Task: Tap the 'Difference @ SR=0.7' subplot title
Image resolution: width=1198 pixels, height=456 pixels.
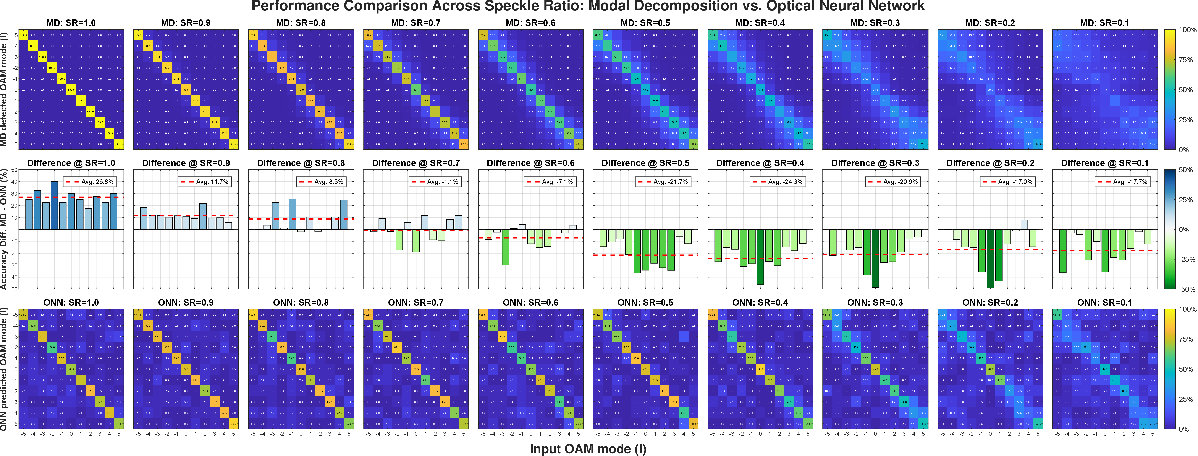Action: tap(416, 163)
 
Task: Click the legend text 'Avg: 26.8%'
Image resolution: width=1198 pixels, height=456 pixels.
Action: tap(97, 182)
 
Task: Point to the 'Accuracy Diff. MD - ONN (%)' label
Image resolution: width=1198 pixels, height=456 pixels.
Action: tap(4, 229)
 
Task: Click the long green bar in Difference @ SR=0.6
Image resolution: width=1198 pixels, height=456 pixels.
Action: tap(505, 247)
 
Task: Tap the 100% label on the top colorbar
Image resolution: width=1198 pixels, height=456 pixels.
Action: tap(1187, 30)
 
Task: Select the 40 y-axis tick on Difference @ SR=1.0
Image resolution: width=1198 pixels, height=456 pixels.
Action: tap(15, 182)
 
